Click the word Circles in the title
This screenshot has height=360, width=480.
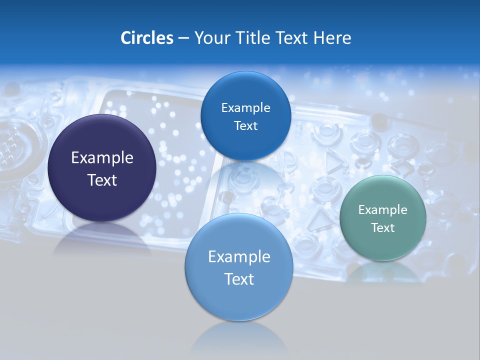[x=146, y=38]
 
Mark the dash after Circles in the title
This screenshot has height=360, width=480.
[x=183, y=38]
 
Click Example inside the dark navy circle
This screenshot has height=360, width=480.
[x=102, y=158]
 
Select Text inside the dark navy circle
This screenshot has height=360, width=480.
[x=102, y=180]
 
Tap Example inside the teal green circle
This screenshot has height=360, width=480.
[x=382, y=210]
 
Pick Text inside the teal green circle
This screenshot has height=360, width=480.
[x=382, y=228]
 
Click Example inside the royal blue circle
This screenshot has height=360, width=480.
[x=245, y=108]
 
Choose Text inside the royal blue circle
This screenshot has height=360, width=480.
[x=245, y=126]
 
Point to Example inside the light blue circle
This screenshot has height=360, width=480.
[x=239, y=257]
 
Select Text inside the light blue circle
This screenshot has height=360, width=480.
[x=239, y=279]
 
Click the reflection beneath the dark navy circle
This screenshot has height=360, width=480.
[x=102, y=237]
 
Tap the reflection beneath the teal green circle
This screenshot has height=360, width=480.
[x=382, y=272]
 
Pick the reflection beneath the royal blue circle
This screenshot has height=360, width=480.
[x=245, y=175]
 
